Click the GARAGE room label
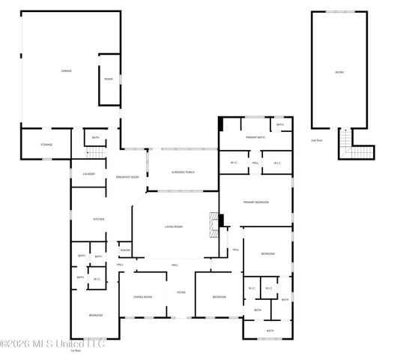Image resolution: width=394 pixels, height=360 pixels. coord(66,71)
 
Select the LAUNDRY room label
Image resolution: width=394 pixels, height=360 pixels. coord(88,174)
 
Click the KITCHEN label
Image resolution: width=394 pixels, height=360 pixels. coord(98,219)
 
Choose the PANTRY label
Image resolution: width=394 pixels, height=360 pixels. coord(125,250)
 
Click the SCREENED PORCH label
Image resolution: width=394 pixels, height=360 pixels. coord(183,172)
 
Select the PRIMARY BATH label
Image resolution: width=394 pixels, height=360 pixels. coord(255,137)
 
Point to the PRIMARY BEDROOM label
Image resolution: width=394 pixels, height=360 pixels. coord(255,201)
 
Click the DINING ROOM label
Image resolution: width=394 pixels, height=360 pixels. coord(143,297)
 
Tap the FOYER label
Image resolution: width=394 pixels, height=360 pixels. coord(181,292)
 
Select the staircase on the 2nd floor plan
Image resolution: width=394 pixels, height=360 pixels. coord(345,143)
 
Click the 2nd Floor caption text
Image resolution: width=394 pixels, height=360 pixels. coord(316,140)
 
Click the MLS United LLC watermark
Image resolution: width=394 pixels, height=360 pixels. coord(52,343)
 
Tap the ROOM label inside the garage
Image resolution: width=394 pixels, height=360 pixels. coord(109,79)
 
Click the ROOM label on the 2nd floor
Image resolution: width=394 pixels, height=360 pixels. coord(339,72)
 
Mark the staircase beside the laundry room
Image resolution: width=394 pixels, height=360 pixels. coord(96,153)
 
